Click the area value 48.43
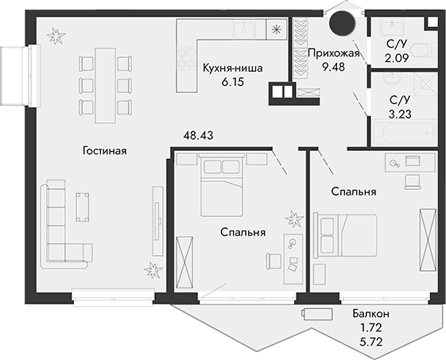pyautogui.click(x=198, y=136)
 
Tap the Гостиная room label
pyautogui.click(x=104, y=149)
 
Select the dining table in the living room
pyautogui.click(x=104, y=80)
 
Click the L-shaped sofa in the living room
pyautogui.click(x=60, y=223)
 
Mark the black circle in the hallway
pyautogui.click(x=343, y=25)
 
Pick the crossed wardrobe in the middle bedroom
pyautogui.click(x=184, y=263)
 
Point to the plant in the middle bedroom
pyautogui.click(x=294, y=217)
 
